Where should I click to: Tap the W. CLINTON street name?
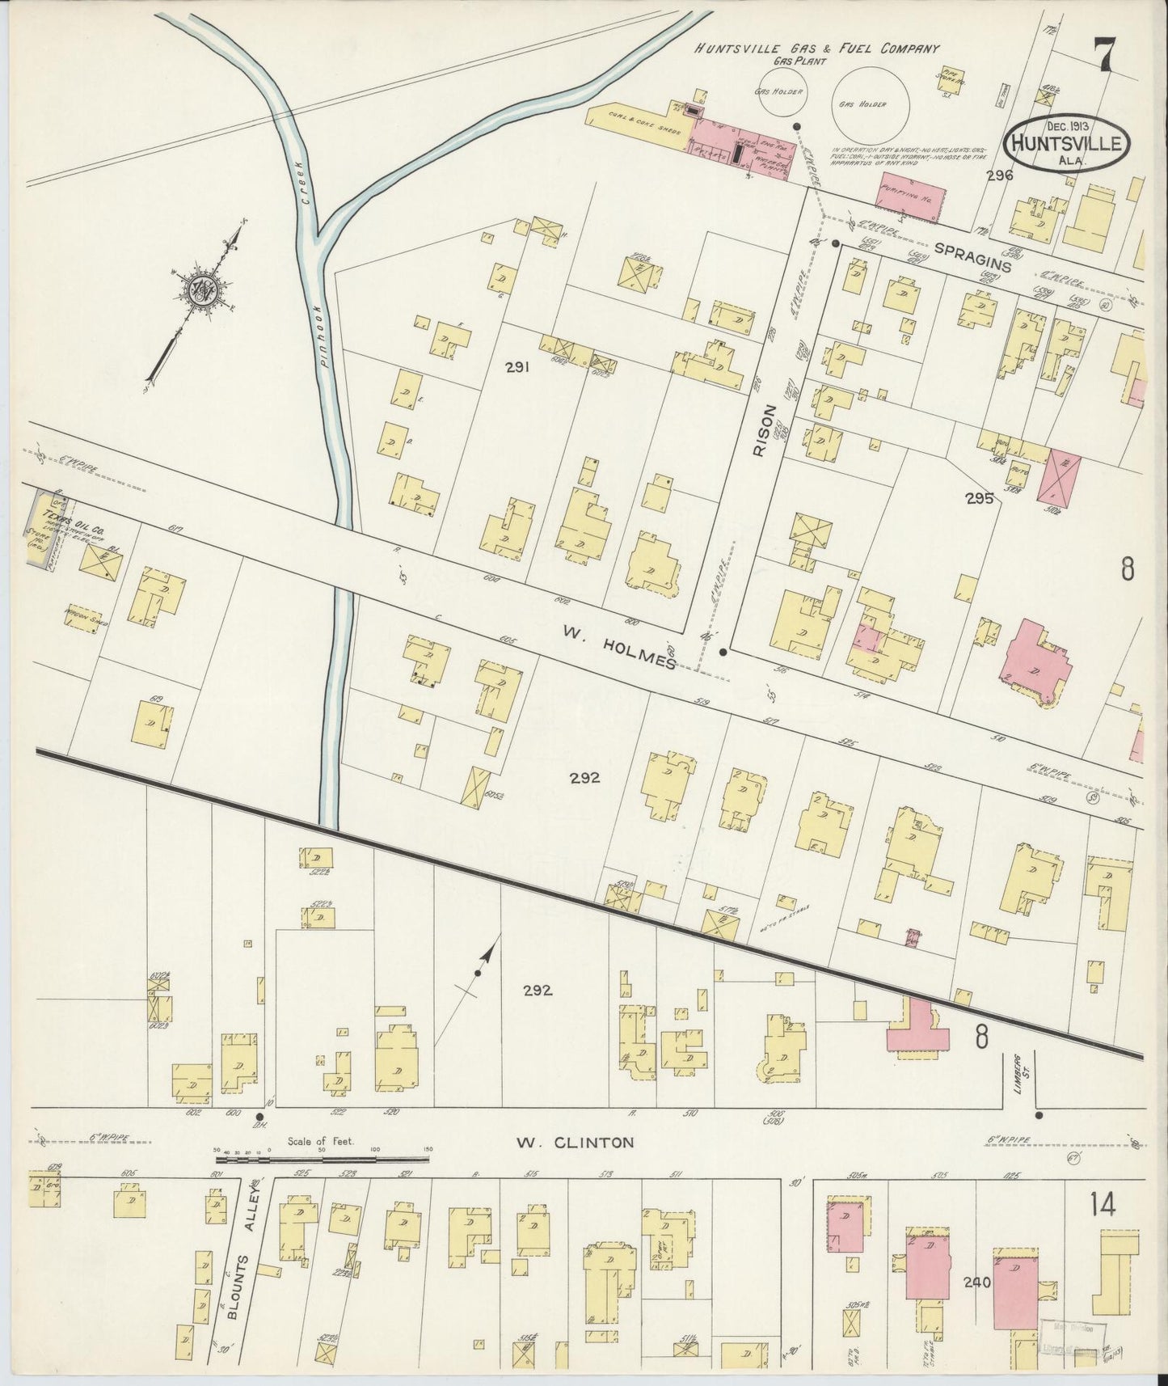pyautogui.click(x=575, y=1143)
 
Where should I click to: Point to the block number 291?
pyautogui.click(x=517, y=368)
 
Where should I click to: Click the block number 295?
pyautogui.click(x=978, y=499)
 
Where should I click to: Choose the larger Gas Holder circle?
pyautogui.click(x=871, y=104)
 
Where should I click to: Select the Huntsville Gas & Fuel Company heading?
pyautogui.click(x=816, y=49)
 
